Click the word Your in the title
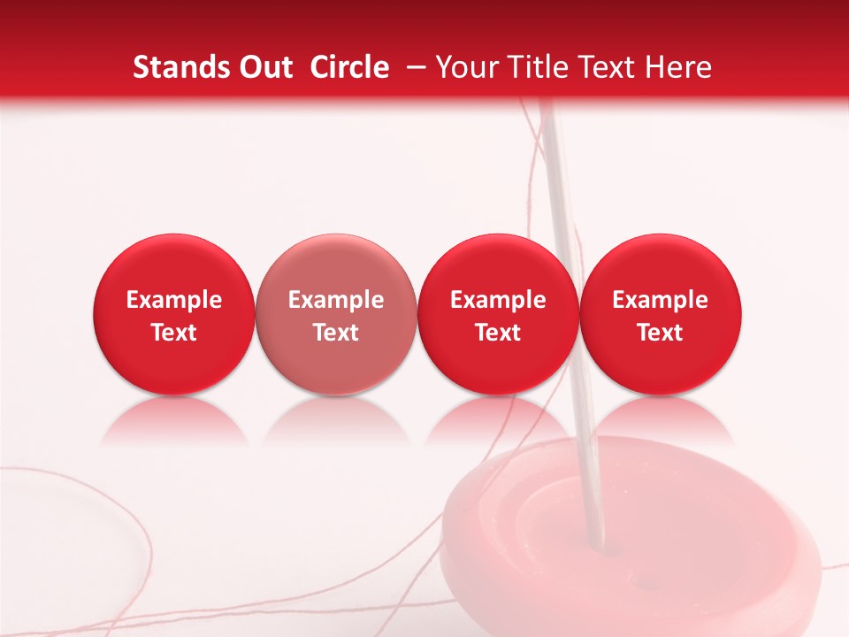pyautogui.click(x=465, y=68)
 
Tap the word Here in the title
pyautogui.click(x=680, y=67)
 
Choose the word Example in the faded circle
pyautogui.click(x=336, y=300)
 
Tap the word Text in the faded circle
pyautogui.click(x=336, y=333)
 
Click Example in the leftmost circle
pyautogui.click(x=173, y=300)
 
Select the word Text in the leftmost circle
pyautogui.click(x=173, y=333)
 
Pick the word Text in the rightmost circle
pyautogui.click(x=661, y=333)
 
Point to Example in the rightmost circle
pyautogui.click(x=661, y=300)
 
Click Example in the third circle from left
pyautogui.click(x=498, y=300)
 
